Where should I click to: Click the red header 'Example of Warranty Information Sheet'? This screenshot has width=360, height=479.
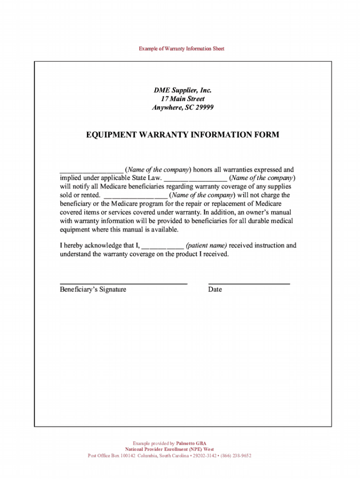coord(181,49)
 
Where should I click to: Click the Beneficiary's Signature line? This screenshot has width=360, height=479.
coord(123,283)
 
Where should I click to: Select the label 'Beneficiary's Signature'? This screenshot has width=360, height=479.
coord(93,290)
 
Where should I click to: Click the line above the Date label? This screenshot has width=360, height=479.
coord(249,283)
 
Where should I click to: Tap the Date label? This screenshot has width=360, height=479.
coord(215,290)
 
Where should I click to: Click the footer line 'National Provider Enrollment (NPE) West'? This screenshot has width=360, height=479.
coord(169,449)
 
